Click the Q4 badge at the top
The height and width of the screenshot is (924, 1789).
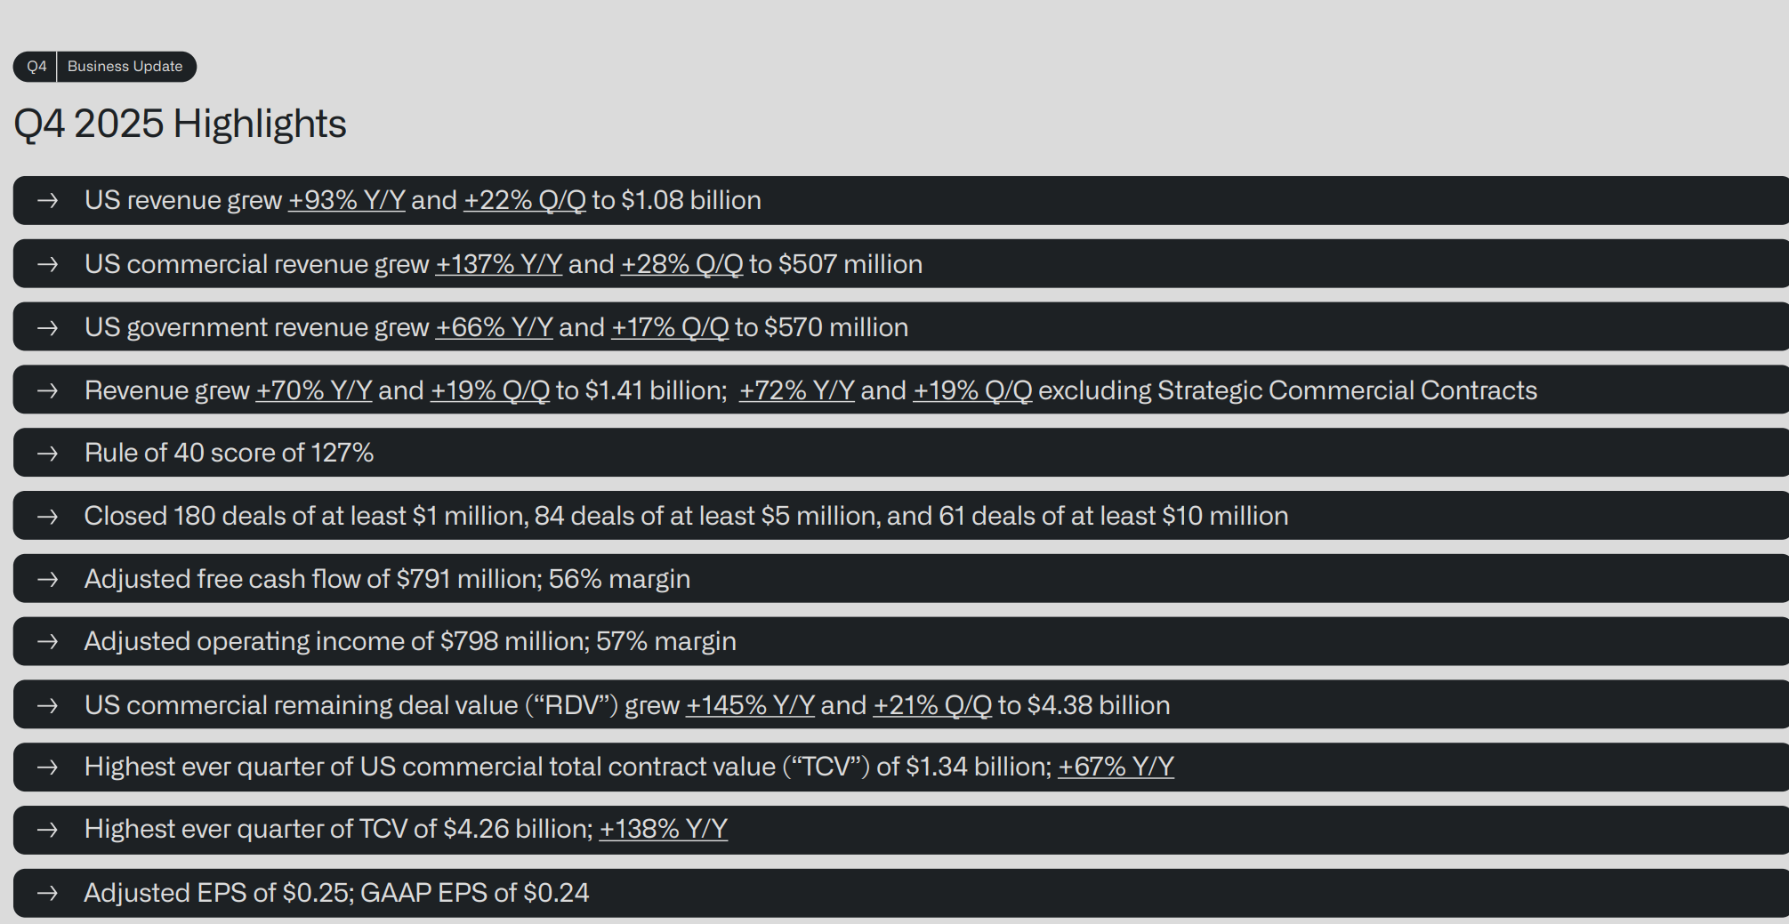(36, 67)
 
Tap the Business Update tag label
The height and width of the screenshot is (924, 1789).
(125, 67)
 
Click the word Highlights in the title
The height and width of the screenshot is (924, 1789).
(260, 124)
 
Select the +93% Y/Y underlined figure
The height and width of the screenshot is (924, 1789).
(346, 200)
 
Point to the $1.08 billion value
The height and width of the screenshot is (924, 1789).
(690, 200)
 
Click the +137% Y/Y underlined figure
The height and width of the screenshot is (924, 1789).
(498, 264)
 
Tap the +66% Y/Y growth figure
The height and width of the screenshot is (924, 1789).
(494, 327)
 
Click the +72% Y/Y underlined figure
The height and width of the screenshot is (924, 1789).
(796, 390)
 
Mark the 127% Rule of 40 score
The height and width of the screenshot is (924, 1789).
(342, 453)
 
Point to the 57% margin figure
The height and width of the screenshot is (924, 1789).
(621, 641)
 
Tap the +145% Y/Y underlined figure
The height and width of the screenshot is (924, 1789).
(750, 705)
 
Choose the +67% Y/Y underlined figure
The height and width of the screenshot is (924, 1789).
(1116, 767)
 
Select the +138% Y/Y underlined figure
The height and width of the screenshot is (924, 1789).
(663, 829)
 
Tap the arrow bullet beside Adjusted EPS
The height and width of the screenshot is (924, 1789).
(48, 893)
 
